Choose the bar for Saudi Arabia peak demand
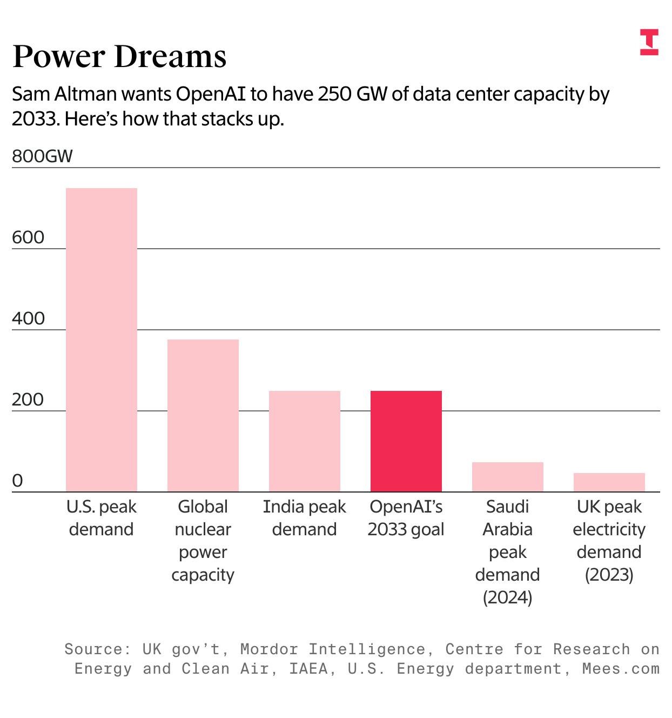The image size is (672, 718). click(508, 477)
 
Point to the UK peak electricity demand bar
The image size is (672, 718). click(609, 482)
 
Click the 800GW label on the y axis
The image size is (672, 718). click(42, 156)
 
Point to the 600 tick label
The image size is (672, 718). click(28, 237)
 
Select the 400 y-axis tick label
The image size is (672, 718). click(28, 318)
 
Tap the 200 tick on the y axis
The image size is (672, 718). click(28, 400)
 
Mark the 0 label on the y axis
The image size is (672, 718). click(18, 481)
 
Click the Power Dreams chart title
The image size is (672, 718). click(119, 56)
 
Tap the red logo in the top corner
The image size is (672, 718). click(649, 42)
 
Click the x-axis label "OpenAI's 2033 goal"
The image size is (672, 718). click(406, 518)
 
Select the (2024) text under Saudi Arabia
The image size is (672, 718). click(508, 597)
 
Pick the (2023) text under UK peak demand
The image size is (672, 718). click(609, 575)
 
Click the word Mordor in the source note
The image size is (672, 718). click(269, 649)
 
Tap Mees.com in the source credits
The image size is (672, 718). click(621, 669)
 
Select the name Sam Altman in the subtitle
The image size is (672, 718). click(64, 94)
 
